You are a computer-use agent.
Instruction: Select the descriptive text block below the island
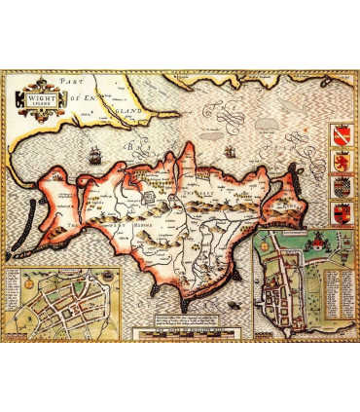click(189, 318)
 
